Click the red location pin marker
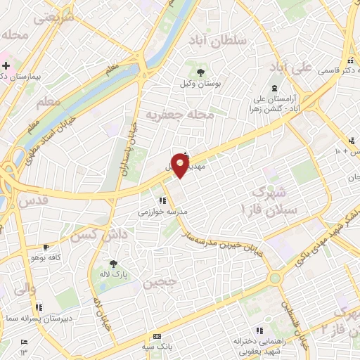point(181,165)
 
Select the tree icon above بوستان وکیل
point(200,72)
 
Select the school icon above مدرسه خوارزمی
point(162,200)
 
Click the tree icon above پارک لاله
point(114,263)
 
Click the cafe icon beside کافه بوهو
point(46,247)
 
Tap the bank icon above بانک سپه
point(157,336)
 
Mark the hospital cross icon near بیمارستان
point(6,66)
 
